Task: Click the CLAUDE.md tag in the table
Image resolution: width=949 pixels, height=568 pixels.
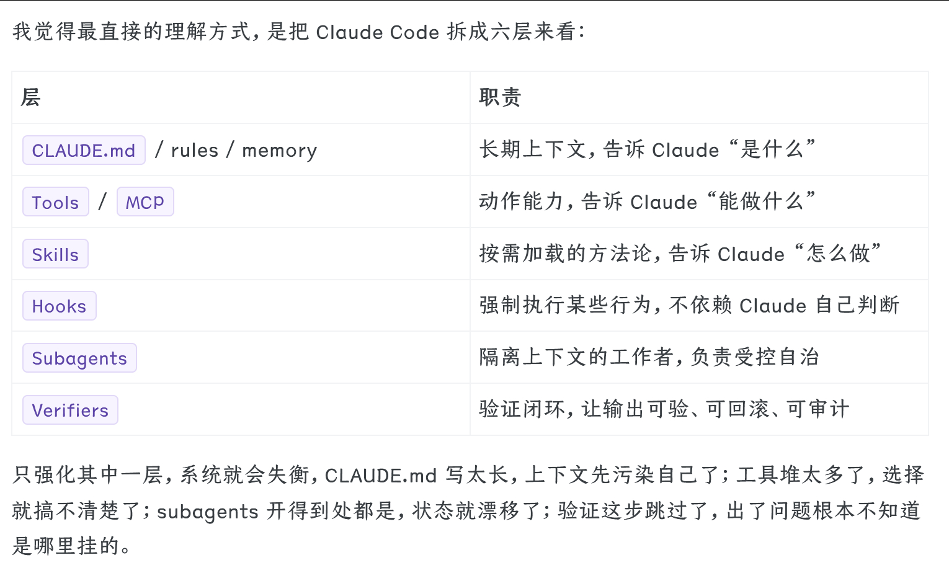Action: pos(84,151)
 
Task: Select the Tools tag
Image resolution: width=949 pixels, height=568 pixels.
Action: pos(56,203)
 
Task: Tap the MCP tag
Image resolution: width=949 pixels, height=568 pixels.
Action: pos(145,203)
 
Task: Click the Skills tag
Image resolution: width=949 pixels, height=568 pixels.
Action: pos(56,254)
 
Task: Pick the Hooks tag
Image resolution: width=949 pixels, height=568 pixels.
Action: pos(60,306)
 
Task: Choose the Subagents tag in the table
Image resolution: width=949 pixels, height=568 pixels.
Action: pos(79,358)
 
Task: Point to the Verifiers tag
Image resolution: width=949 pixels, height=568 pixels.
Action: pos(70,410)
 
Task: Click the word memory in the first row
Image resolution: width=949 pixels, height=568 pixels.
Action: pos(279,151)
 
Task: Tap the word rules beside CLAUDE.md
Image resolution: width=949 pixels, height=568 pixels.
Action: pos(195,151)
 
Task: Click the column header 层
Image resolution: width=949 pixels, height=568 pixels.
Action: pos(30,98)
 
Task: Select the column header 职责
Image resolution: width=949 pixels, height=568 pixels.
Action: pos(500,98)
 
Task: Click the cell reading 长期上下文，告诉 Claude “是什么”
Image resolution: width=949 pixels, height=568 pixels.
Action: pos(647,150)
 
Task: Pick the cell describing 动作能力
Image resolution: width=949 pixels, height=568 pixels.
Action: pos(647,202)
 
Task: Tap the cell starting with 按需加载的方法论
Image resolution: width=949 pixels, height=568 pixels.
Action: pos(680,254)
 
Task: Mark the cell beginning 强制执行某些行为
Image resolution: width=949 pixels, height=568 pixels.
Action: pos(689,306)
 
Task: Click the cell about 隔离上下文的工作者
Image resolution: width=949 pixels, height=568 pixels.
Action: pos(649,358)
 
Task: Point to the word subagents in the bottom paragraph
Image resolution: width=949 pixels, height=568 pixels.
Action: pos(207,512)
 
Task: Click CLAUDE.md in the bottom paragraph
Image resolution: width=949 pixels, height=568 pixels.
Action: pos(381,476)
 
